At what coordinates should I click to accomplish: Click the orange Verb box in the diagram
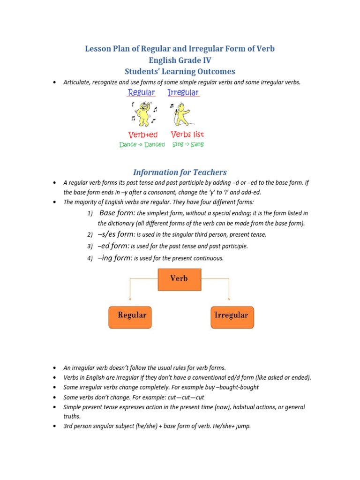(179, 279)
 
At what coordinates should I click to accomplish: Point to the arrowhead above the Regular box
(130, 299)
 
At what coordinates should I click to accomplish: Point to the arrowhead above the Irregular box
(229, 299)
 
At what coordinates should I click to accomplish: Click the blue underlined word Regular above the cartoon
(141, 93)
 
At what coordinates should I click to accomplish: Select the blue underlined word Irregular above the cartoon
(183, 93)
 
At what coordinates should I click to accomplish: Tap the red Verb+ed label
(143, 135)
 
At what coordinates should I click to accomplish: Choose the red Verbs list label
(187, 135)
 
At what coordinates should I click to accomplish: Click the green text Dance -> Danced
(142, 145)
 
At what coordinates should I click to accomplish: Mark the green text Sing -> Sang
(188, 145)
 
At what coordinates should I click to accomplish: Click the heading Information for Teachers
(180, 172)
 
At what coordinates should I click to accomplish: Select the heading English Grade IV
(180, 60)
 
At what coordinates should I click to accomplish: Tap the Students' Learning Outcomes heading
(180, 71)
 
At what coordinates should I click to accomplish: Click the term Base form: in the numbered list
(117, 213)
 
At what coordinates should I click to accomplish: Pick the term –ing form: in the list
(115, 258)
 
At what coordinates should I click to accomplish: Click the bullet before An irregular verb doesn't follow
(55, 368)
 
